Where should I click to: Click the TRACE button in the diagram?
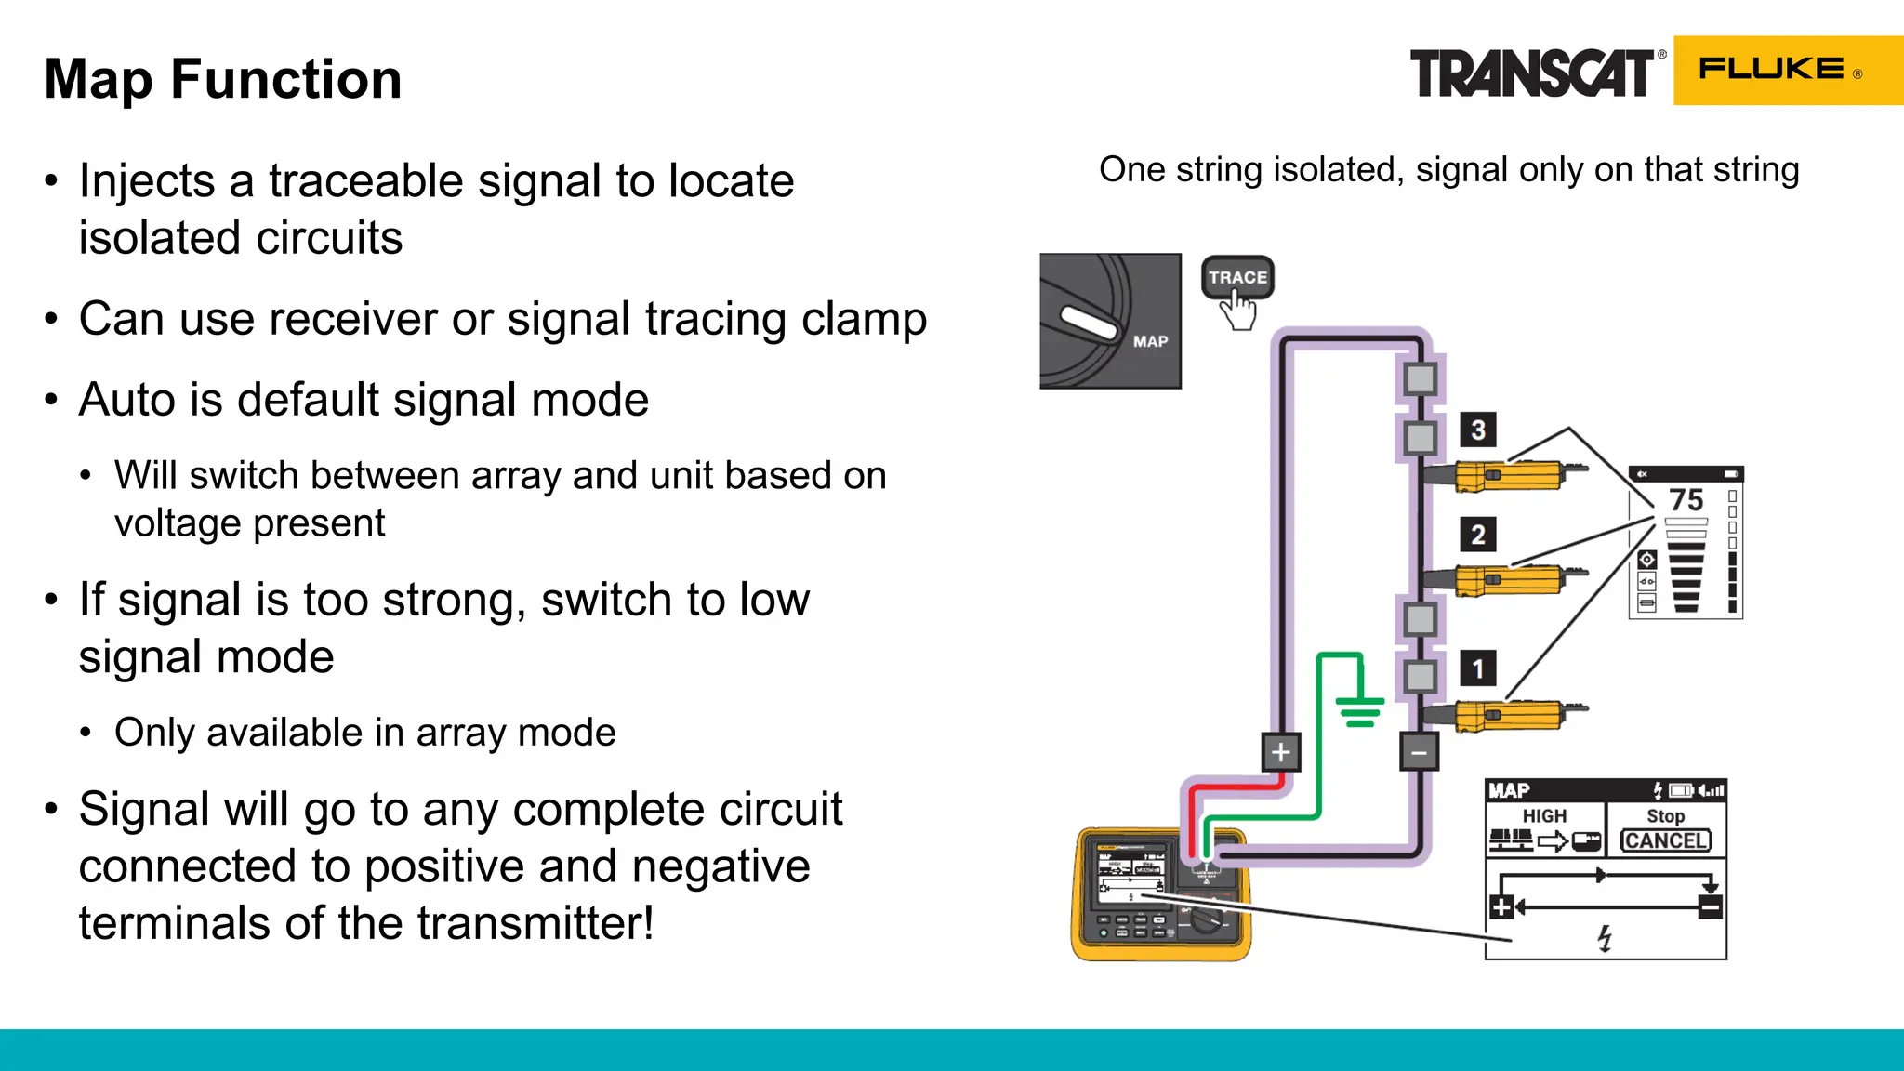tap(1237, 277)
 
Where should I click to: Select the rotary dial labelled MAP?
tap(1110, 321)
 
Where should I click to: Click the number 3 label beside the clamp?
tap(1477, 430)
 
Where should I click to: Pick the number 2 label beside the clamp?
tap(1477, 535)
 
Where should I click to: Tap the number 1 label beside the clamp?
tap(1477, 668)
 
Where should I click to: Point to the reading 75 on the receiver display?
tap(1686, 500)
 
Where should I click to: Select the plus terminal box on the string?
tap(1280, 752)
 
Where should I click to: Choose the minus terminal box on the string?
tap(1419, 752)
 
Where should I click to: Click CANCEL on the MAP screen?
tap(1665, 840)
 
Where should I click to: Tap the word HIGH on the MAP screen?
tap(1544, 815)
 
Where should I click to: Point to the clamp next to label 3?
tap(1508, 476)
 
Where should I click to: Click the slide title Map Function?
tap(223, 79)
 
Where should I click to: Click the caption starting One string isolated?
tap(1448, 170)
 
